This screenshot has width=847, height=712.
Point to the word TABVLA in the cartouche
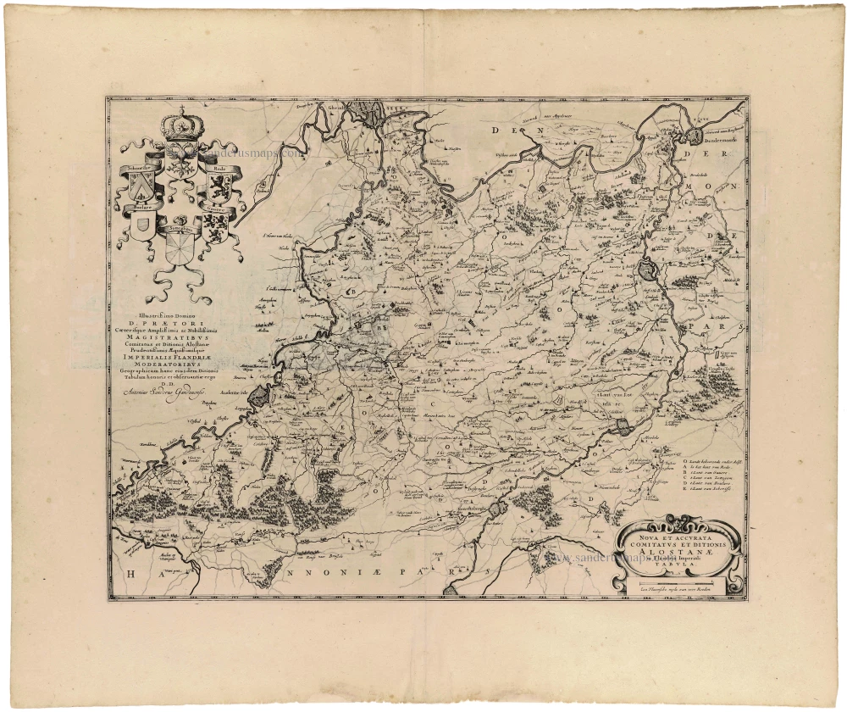[x=678, y=570]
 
